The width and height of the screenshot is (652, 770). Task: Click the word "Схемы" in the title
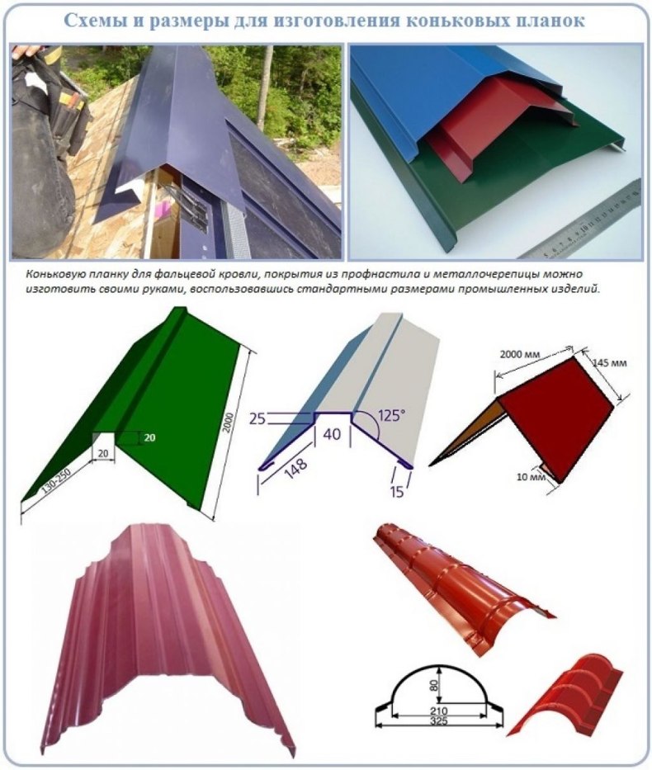(x=95, y=20)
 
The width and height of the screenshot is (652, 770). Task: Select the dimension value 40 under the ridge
(x=332, y=434)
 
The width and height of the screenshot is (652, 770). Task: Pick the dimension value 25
(x=257, y=419)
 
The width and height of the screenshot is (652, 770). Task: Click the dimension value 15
(x=397, y=491)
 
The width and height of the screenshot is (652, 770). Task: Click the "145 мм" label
(x=609, y=364)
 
